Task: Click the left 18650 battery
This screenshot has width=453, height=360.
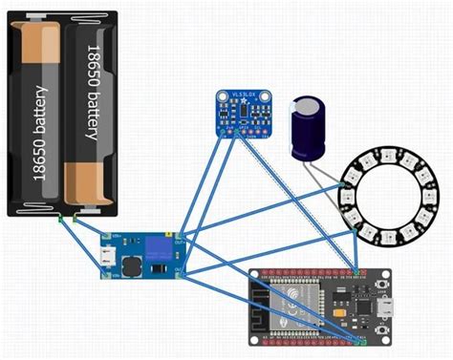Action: pos(39,115)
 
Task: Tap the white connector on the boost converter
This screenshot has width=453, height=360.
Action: pos(104,256)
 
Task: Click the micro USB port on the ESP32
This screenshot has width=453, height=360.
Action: pos(386,307)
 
